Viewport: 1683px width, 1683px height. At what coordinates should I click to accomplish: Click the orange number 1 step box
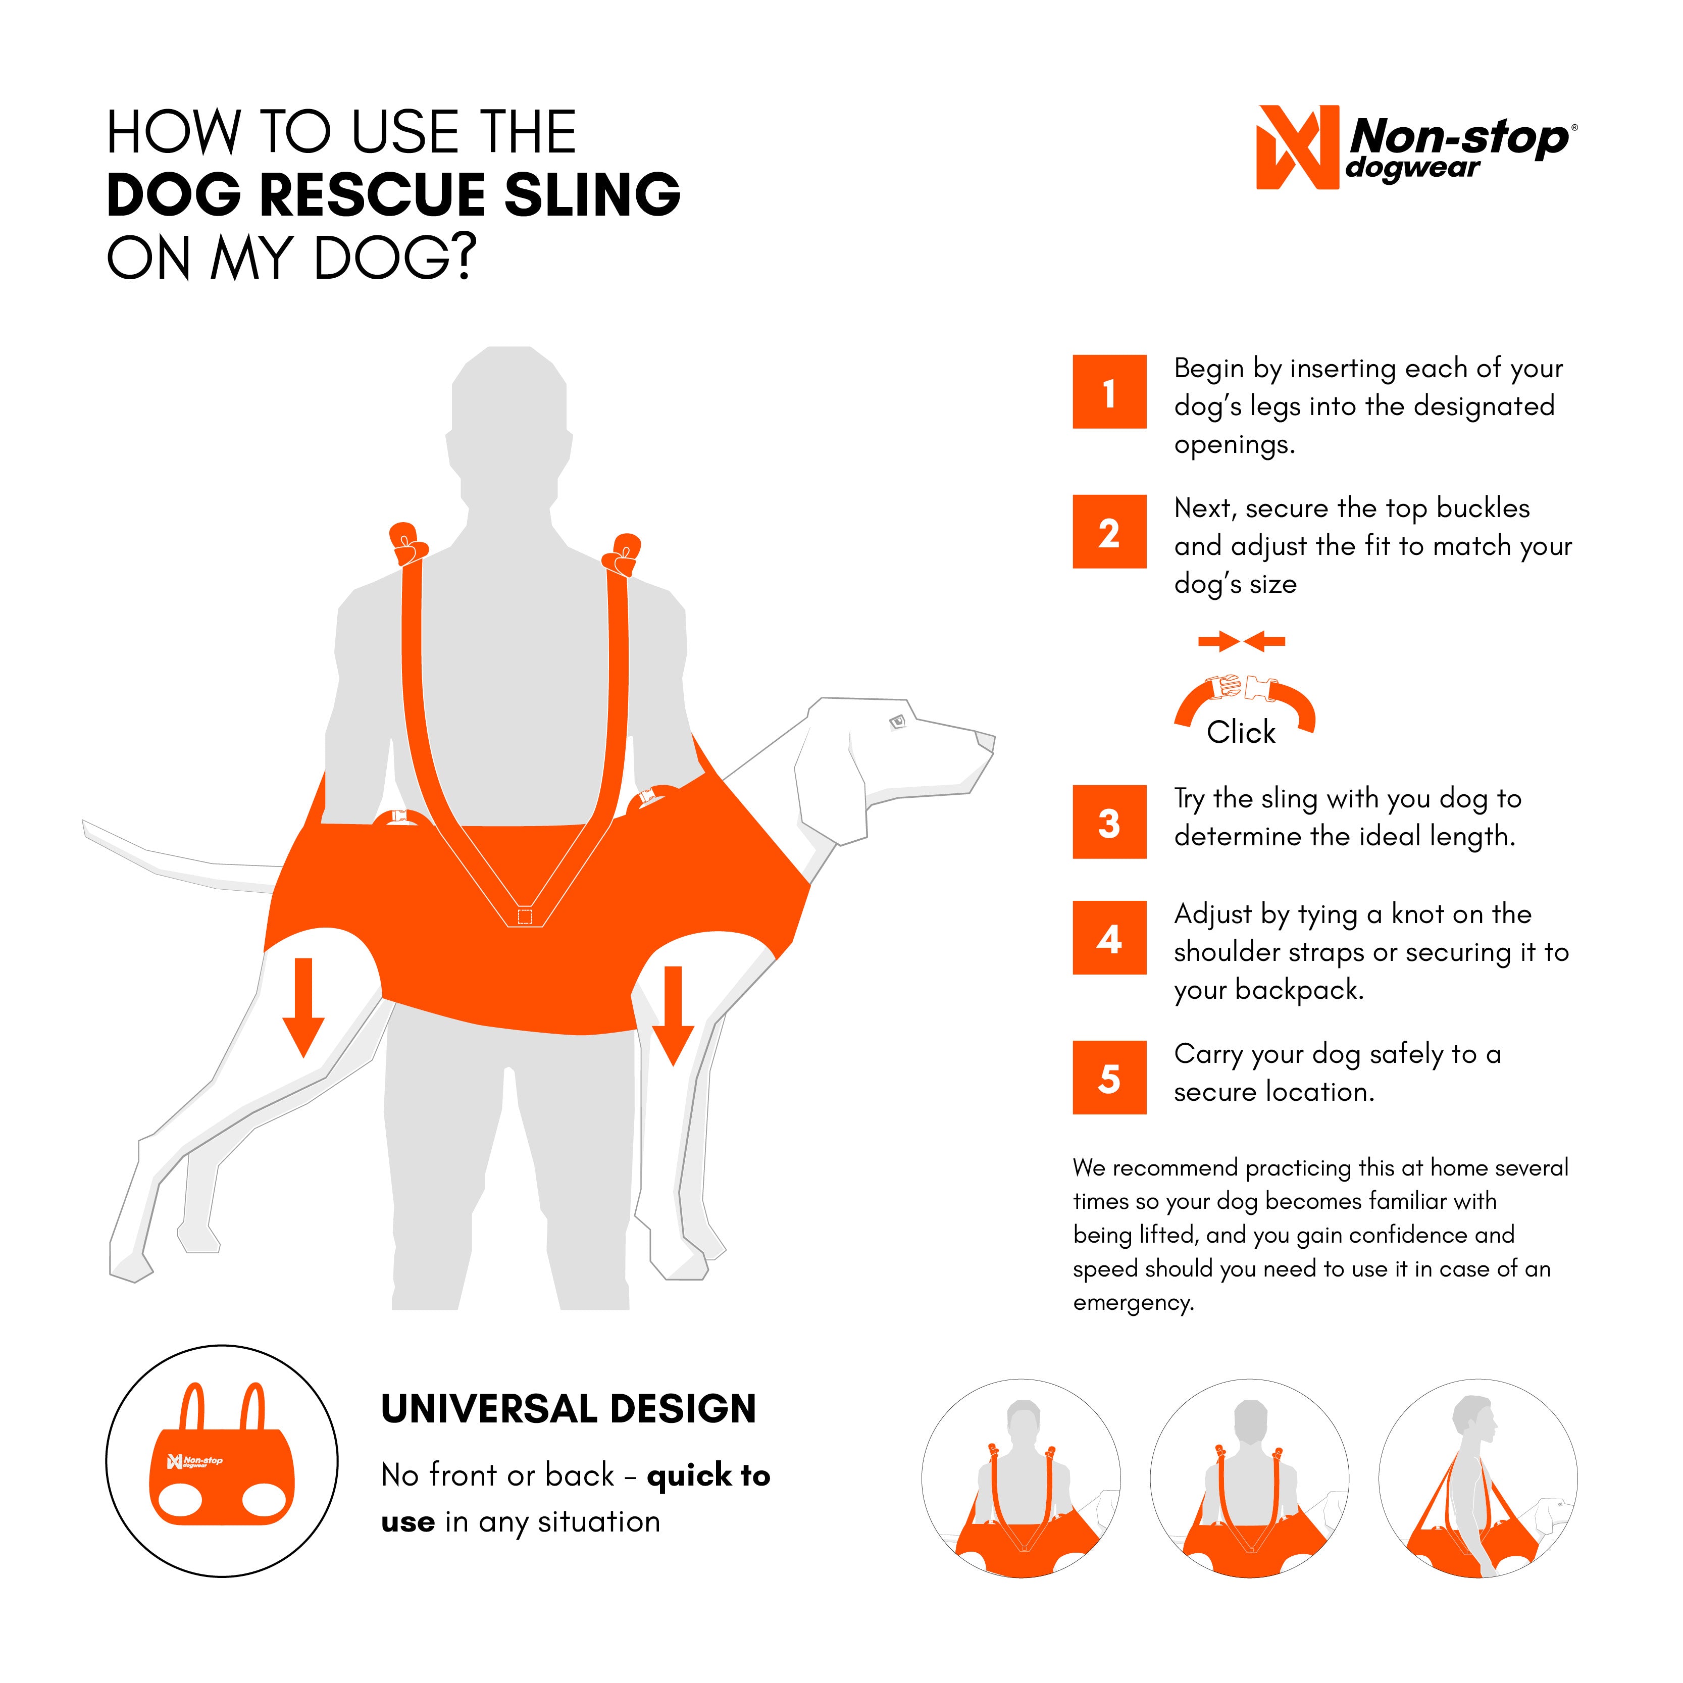click(1109, 392)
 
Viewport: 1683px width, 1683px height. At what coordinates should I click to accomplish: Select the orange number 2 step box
click(1109, 531)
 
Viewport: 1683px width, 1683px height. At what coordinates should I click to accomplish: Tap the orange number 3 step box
click(1109, 822)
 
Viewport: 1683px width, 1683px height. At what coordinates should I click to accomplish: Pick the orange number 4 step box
click(1109, 937)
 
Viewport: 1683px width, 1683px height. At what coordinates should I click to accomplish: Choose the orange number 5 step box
click(1109, 1078)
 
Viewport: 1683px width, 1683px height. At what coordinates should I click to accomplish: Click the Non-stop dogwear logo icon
click(1296, 147)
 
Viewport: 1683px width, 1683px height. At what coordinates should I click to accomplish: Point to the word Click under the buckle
click(1241, 733)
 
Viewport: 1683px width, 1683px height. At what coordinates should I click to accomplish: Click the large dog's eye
click(897, 721)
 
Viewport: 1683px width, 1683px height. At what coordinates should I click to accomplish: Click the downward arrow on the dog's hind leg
click(303, 1007)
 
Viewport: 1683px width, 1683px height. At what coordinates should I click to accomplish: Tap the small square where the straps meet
click(525, 916)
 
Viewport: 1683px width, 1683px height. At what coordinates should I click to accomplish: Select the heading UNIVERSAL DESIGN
click(568, 1409)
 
